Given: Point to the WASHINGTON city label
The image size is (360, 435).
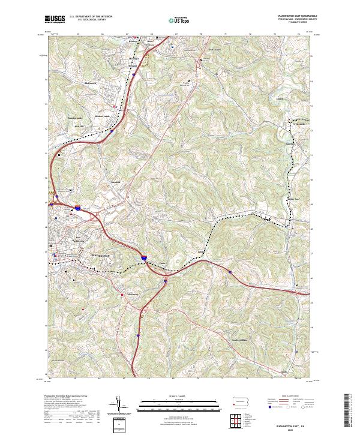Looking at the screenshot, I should (101, 256).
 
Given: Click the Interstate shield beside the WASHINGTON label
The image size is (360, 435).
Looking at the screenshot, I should (144, 257).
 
